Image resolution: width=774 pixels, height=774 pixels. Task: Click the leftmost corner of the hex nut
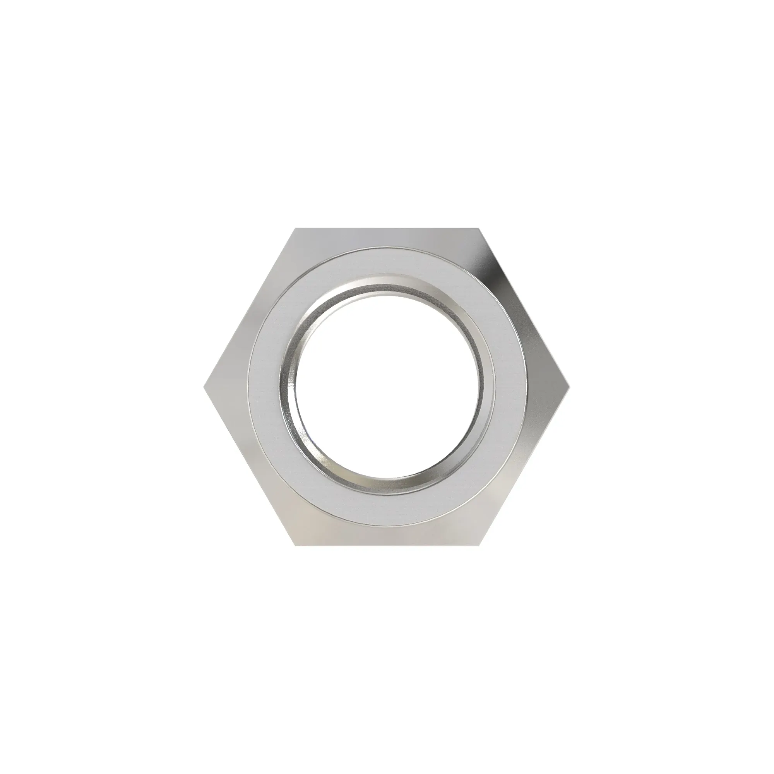click(x=204, y=387)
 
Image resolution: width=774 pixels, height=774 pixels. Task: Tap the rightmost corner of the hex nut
click(x=569, y=387)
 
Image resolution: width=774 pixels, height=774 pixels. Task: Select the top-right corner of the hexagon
click(x=478, y=229)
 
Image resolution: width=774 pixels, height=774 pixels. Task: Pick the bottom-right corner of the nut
click(x=478, y=545)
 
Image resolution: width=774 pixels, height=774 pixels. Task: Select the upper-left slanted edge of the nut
click(x=250, y=308)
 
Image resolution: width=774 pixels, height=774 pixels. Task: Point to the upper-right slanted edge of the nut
click(x=524, y=308)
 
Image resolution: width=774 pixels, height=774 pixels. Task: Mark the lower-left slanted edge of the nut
click(x=250, y=466)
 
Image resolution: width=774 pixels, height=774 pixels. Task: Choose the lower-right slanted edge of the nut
click(x=524, y=466)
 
